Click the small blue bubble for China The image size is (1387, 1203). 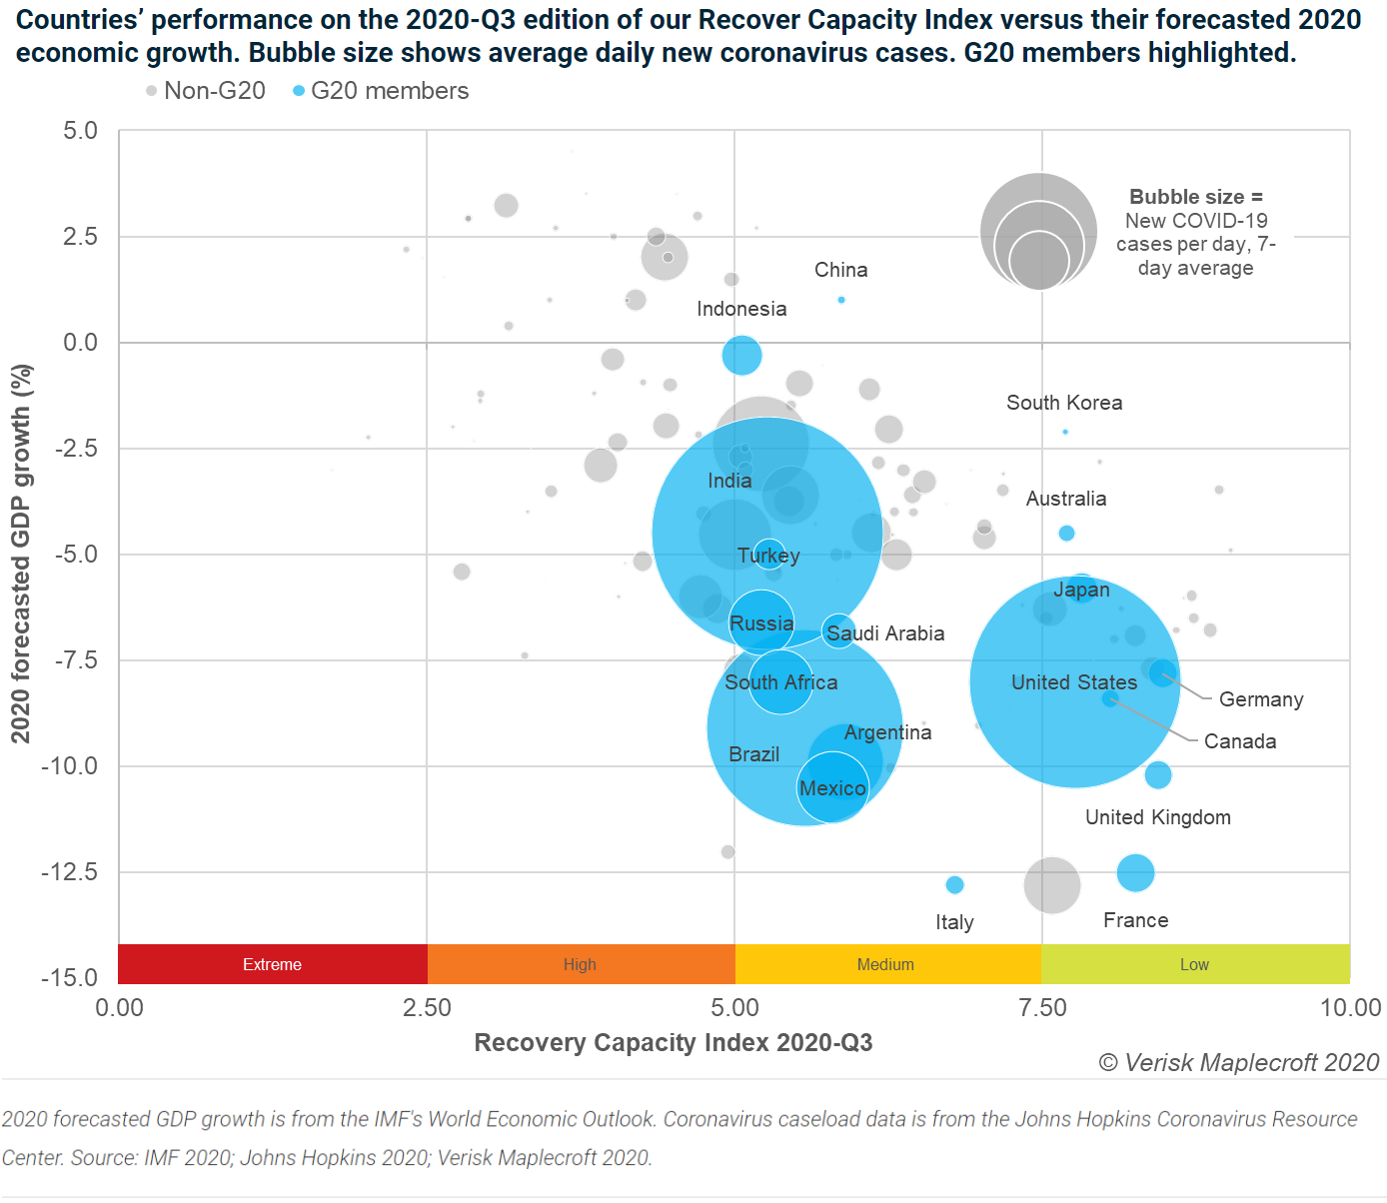(841, 300)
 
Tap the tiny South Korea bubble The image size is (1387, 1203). (1065, 432)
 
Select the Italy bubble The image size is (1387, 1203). (954, 884)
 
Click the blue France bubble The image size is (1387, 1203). (1135, 872)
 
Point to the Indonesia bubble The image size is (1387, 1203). (741, 354)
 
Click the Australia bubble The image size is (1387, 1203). (1066, 533)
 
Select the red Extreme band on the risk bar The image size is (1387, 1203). (272, 964)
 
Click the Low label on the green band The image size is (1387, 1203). (1194, 964)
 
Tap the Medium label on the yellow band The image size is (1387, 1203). (885, 964)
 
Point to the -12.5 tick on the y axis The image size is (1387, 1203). (69, 872)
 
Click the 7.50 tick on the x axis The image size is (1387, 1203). (1042, 1007)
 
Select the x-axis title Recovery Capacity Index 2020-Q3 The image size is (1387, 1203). (673, 1042)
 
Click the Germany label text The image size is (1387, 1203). (1261, 699)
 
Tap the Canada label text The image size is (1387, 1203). (1239, 741)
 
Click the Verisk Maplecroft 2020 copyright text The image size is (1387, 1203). (1239, 1062)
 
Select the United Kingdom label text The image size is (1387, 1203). (1157, 817)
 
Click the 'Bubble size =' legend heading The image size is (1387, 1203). (1195, 197)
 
